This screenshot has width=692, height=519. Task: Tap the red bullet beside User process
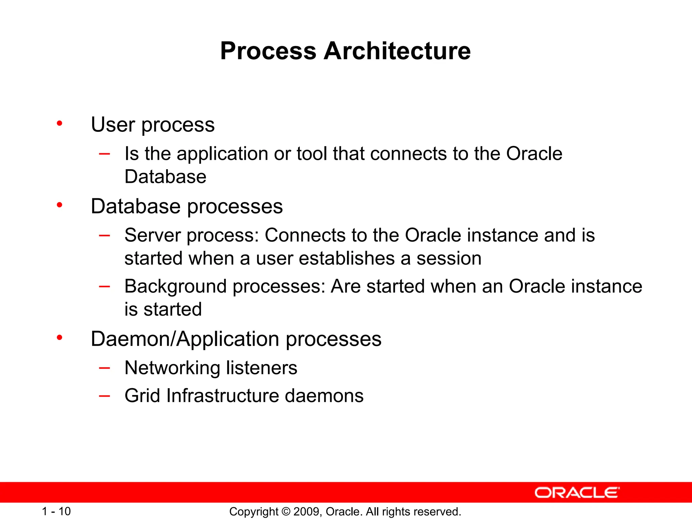(x=59, y=123)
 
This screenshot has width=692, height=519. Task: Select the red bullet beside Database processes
(x=59, y=205)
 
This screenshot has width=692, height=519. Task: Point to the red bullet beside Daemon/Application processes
(x=59, y=337)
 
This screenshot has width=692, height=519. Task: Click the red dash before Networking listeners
(x=104, y=368)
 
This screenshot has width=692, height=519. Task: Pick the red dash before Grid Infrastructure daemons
(x=104, y=396)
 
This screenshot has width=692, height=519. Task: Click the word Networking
(x=172, y=368)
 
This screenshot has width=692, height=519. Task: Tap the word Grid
(x=142, y=396)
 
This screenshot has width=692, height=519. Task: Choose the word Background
(x=175, y=287)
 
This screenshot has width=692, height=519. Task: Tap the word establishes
(x=347, y=259)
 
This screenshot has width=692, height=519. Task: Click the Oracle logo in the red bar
(x=577, y=493)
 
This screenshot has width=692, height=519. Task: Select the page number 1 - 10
(x=56, y=511)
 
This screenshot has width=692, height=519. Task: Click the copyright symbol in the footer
(x=286, y=512)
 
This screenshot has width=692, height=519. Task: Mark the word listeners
(x=262, y=368)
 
